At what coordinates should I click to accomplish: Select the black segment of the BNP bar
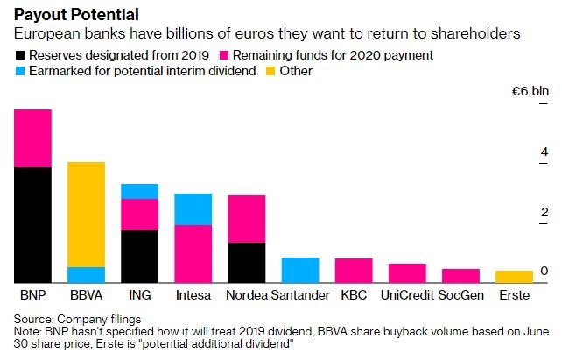click(x=32, y=224)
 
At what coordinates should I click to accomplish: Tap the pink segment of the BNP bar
click(x=32, y=138)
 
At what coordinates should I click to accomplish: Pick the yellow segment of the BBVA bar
click(x=86, y=215)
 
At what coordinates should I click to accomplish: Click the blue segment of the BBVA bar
click(x=86, y=274)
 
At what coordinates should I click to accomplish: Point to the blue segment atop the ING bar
click(x=139, y=191)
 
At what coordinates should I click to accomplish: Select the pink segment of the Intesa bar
click(x=193, y=253)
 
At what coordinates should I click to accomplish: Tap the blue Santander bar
click(x=299, y=270)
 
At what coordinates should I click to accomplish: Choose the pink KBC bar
click(x=354, y=270)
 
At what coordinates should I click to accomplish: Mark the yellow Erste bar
click(x=514, y=276)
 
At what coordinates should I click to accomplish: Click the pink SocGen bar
click(x=460, y=275)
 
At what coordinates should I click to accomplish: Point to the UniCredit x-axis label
click(x=406, y=295)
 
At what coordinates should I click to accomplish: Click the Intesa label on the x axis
click(x=193, y=295)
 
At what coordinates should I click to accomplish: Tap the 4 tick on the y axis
click(x=544, y=152)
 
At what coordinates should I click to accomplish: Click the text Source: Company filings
click(x=77, y=320)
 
